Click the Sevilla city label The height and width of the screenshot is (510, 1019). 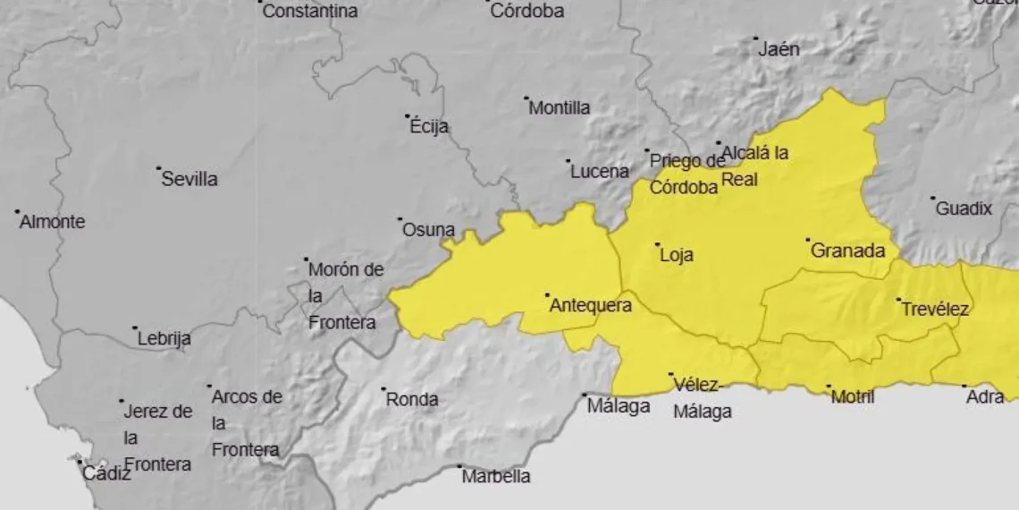click(x=189, y=179)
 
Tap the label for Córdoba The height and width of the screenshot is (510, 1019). click(x=527, y=12)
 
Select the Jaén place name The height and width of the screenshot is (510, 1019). click(x=779, y=49)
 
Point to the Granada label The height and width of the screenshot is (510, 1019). click(x=847, y=251)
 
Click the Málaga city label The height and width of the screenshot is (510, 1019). click(x=619, y=406)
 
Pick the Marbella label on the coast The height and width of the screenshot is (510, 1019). click(x=496, y=477)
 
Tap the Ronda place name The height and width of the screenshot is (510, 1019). click(x=412, y=399)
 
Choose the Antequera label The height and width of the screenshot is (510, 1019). click(x=591, y=305)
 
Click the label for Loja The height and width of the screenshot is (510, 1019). click(x=677, y=255)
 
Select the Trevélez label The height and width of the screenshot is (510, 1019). click(x=935, y=310)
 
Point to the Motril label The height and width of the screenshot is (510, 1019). click(x=853, y=397)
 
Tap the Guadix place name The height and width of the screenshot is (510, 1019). click(x=964, y=208)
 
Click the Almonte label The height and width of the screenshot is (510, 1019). click(x=53, y=222)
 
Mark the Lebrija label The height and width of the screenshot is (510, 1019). click(x=164, y=339)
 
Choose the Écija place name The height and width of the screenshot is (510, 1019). click(x=429, y=127)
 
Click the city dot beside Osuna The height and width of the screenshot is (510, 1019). click(x=400, y=218)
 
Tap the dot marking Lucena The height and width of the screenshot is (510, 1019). click(x=568, y=161)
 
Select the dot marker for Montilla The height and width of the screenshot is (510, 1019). click(x=526, y=98)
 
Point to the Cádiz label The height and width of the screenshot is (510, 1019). click(x=106, y=474)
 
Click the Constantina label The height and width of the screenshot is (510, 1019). click(x=310, y=12)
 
